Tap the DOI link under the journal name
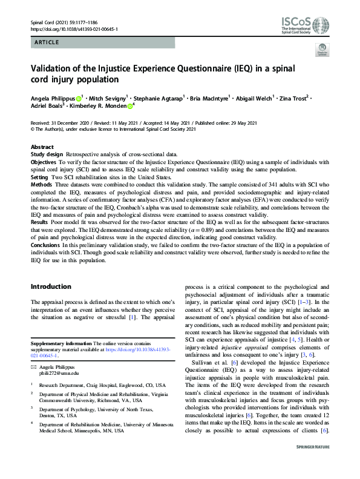tap(73, 29)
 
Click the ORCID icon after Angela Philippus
tap(79, 96)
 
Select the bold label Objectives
tap(44, 162)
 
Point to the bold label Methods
tap(42, 184)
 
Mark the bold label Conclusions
tap(46, 243)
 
